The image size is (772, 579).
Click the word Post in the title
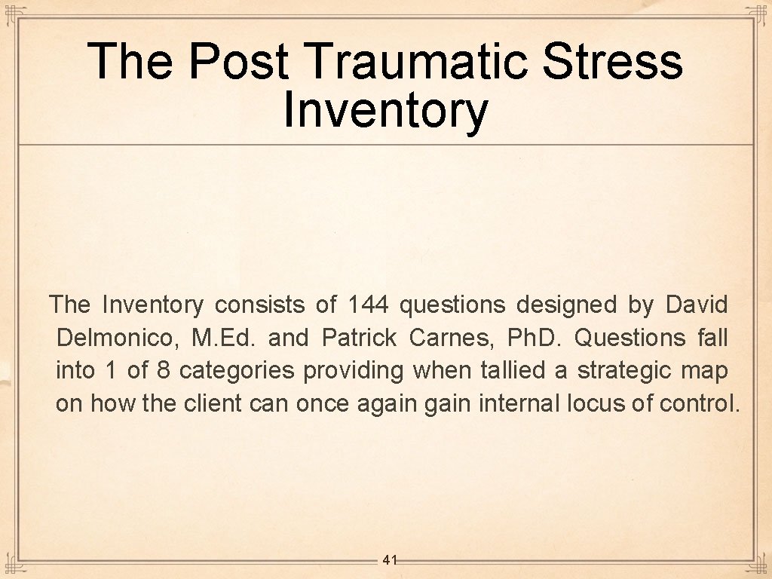[238, 61]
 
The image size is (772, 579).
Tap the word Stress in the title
[612, 61]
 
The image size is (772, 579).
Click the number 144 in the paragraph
[368, 305]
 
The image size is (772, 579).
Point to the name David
[697, 305]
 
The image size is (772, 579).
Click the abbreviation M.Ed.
[224, 338]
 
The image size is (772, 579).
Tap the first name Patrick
[359, 338]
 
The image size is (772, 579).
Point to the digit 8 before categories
[163, 371]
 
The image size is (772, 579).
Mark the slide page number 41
[390, 559]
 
